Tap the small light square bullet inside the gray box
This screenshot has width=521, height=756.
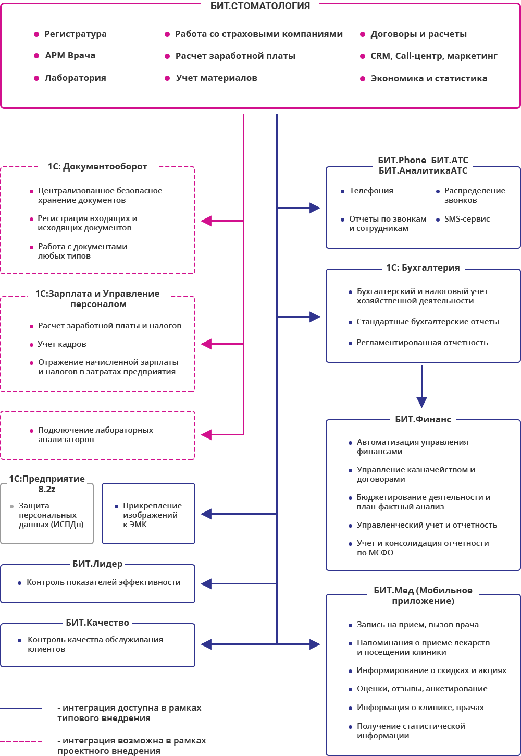coord(11,506)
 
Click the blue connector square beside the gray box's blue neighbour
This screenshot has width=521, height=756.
coord(206,514)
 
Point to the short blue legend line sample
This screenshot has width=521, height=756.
coord(21,709)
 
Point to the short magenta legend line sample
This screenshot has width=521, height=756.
coord(21,741)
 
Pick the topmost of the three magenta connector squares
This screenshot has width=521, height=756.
coord(206,221)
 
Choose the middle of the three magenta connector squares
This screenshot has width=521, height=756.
coord(206,344)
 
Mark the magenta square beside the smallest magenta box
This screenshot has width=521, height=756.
coord(206,435)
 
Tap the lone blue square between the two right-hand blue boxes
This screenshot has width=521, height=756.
coord(421,403)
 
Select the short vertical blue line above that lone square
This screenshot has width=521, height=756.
coord(421,381)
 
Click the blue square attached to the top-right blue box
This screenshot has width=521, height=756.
coord(315,208)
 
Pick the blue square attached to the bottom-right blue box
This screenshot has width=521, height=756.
coord(315,644)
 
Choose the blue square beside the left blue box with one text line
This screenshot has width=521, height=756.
coord(206,584)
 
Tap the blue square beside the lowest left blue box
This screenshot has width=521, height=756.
coord(206,644)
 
